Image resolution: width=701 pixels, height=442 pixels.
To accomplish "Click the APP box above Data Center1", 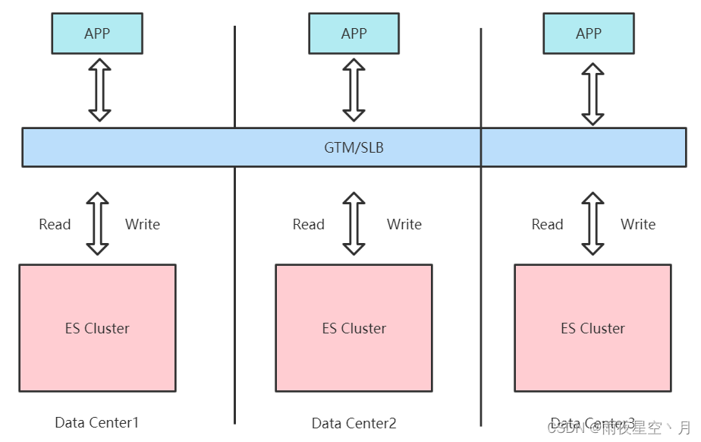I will click(97, 33).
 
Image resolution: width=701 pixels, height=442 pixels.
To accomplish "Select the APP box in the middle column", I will click(354, 33).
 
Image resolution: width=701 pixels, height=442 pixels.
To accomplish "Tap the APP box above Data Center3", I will click(589, 33).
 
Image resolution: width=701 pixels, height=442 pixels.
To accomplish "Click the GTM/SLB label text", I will click(354, 147).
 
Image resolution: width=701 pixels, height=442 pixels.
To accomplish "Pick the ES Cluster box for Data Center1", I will click(97, 328).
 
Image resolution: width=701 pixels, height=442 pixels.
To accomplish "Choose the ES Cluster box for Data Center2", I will click(354, 328).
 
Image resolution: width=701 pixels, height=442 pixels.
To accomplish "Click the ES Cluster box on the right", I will click(593, 328).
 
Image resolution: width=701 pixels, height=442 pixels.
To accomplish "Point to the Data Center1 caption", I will click(97, 422).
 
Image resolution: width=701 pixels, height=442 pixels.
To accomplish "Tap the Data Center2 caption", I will click(354, 423).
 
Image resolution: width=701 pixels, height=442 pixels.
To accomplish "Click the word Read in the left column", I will click(55, 224).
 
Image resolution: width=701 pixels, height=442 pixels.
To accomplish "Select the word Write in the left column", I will click(143, 224).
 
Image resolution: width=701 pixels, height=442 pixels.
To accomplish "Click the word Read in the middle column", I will click(309, 224).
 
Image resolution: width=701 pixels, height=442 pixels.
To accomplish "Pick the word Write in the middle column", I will click(404, 224).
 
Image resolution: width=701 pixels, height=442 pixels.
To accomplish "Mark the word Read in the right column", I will click(548, 224).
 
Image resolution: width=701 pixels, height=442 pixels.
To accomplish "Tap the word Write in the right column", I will click(638, 224).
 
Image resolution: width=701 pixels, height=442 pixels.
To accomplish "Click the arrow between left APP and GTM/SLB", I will click(99, 90).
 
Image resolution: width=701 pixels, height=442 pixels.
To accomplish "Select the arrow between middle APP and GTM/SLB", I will click(354, 90).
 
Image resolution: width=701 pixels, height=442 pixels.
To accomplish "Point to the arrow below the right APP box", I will click(593, 93).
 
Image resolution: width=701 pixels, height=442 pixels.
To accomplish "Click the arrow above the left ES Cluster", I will click(97, 223).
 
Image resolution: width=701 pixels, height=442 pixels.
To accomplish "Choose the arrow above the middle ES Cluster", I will click(354, 223).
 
